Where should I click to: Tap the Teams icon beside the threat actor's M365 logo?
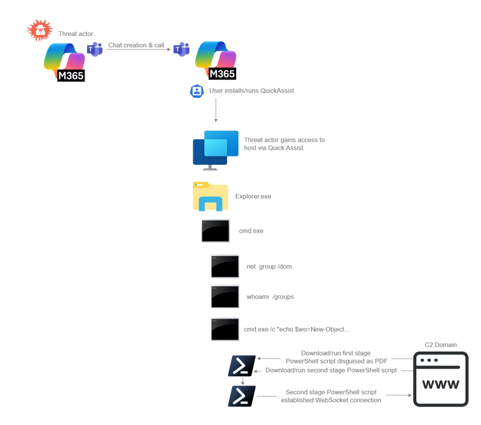tap(95, 49)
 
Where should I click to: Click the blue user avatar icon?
tap(196, 91)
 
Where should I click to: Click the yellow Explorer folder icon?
tap(210, 197)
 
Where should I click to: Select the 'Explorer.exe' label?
tap(253, 197)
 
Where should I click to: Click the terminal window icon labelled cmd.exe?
tap(215, 231)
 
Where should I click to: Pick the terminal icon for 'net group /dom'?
tap(225, 266)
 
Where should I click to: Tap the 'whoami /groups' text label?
tap(270, 297)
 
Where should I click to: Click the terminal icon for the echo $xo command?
tap(225, 329)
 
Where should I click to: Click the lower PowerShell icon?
tap(241, 396)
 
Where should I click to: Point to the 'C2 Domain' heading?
tap(440, 345)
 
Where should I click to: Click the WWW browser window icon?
tap(440, 380)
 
